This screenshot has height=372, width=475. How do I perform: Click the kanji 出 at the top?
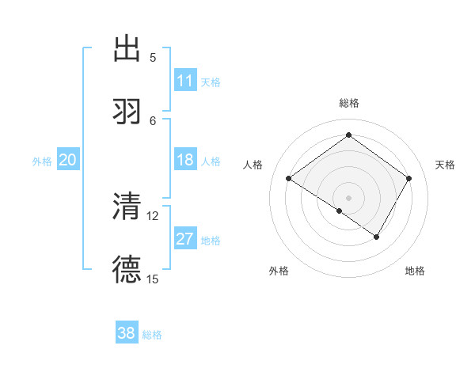pos(127,48)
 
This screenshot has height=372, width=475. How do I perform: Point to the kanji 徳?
pos(127,269)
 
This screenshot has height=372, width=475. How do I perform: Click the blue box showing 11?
pos(185,81)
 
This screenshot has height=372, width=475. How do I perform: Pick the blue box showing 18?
pos(185,160)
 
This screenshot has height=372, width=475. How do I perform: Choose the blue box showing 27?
pos(185,239)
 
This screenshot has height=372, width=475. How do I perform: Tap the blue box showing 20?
pos(68,160)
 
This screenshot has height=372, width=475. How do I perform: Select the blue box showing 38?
pos(127,333)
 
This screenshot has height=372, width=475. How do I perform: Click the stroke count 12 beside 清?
pos(153,215)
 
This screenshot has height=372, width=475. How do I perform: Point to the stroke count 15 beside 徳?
pos(153,279)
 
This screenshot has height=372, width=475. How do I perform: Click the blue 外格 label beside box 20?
pos(42,161)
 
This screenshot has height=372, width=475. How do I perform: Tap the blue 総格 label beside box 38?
pos(152,334)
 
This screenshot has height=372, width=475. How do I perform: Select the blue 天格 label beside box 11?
pos(211,82)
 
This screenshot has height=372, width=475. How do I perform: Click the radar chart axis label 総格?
pos(349,103)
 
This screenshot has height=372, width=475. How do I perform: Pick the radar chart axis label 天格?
pos(446,165)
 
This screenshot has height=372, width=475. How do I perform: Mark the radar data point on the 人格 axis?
pos(289,179)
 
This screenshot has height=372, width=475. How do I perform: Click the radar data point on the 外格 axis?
pos(340,211)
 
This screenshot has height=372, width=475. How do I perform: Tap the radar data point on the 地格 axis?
pos(377,237)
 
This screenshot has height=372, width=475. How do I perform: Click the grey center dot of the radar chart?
pos(348,197)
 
